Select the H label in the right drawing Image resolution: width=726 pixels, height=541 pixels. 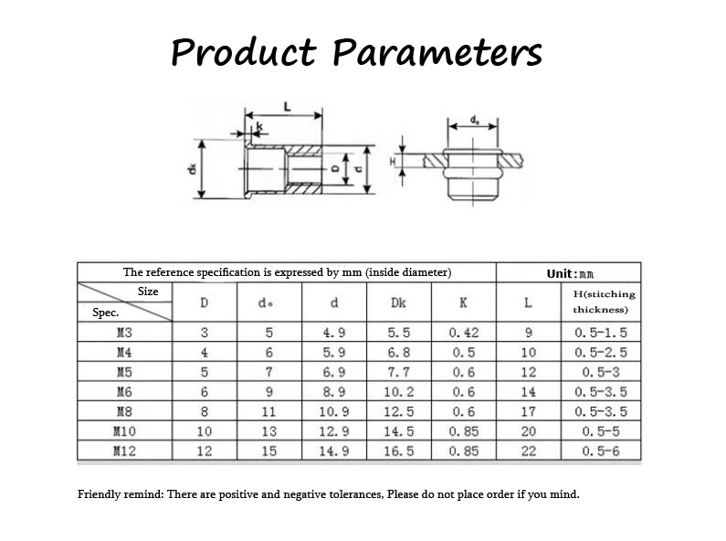click(x=395, y=161)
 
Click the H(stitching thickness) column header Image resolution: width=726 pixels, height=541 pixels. click(x=601, y=302)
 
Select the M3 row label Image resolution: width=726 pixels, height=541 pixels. click(x=124, y=333)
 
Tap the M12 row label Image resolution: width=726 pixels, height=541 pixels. click(x=124, y=451)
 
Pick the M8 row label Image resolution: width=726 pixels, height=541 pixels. click(x=124, y=411)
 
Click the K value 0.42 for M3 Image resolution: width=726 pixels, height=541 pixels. click(x=464, y=333)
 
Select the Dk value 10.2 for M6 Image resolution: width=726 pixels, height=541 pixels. click(x=399, y=392)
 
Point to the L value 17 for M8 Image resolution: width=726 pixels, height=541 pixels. click(x=528, y=411)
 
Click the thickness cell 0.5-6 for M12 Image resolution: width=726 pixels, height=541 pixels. click(x=601, y=451)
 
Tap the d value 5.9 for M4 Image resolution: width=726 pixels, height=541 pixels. click(x=334, y=353)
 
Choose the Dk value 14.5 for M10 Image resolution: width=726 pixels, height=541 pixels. click(x=399, y=431)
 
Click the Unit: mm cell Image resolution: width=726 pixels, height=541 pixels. click(x=570, y=273)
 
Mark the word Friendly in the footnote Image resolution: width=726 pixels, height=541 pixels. click(x=100, y=494)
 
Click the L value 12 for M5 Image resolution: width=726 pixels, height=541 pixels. click(x=528, y=372)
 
